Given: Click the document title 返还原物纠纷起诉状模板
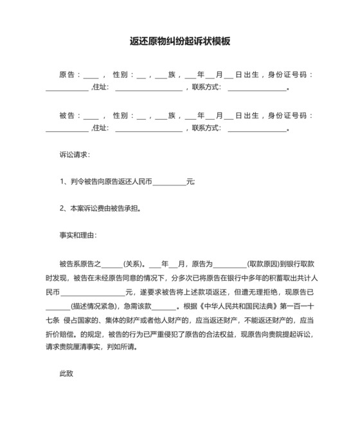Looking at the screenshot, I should (x=180, y=41).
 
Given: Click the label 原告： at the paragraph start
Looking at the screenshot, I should (x=70, y=75).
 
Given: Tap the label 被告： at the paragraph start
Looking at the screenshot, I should (x=70, y=116).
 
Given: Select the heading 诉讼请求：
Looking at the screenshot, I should (x=75, y=155).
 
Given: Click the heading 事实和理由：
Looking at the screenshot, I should (x=78, y=235).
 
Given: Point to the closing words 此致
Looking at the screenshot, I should (x=67, y=373).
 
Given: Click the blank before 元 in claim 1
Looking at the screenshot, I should (x=169, y=182).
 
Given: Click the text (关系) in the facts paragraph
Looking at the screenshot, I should (x=134, y=264).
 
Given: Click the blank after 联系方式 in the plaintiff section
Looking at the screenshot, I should (x=256, y=88).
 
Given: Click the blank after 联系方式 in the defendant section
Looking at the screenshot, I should (x=256, y=129).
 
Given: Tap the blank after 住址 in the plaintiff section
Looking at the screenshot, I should (x=148, y=88).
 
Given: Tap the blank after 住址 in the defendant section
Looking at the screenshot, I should (x=148, y=129).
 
